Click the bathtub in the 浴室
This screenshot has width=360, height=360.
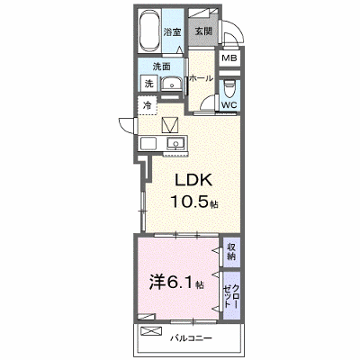pos(149,31)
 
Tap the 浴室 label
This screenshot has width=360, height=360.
pos(173,32)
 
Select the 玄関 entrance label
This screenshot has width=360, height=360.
pos(203,31)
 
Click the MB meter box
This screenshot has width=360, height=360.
pos(229,58)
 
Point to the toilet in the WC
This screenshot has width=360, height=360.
pos(229,89)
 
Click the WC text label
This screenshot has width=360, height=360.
pos(229,105)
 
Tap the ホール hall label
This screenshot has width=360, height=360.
pos(201,79)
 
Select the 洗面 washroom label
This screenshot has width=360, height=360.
pos(162,67)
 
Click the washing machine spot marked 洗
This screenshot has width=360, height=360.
pos(149,83)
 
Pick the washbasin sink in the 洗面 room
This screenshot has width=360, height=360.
pos(172,84)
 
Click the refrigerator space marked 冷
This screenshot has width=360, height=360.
pos(148,105)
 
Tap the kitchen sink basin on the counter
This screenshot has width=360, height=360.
pos(176,143)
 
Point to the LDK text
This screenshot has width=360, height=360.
pos(193,181)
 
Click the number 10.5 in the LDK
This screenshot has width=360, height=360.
pos(190,201)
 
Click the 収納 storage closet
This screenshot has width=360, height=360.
pos(231,252)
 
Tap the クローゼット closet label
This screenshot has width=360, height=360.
pos(231,295)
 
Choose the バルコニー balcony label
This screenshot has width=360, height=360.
pos(192,338)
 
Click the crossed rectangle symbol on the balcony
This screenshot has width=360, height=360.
pos(150,331)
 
